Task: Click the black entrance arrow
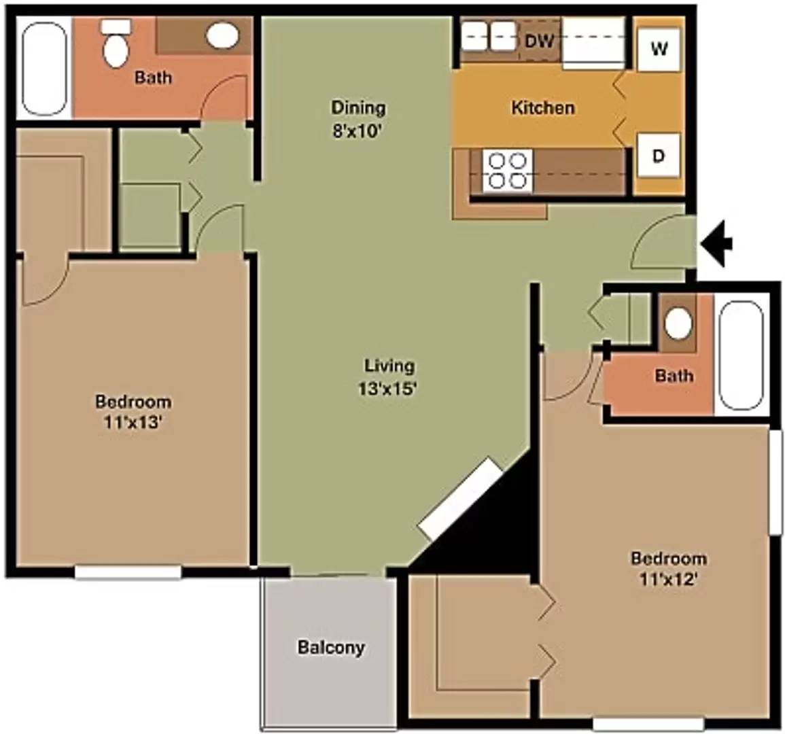pos(717,245)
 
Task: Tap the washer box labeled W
pos(659,49)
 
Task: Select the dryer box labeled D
pos(659,156)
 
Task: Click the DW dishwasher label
pos(539,39)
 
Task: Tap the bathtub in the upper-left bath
pos(45,67)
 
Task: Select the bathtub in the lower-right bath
pos(741,356)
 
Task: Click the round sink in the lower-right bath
pos(678,324)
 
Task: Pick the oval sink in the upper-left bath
pos(223,35)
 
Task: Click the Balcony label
pos(331,648)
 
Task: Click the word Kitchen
pos(542,107)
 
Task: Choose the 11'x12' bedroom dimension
pos(669,579)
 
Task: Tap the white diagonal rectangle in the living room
pos(460,499)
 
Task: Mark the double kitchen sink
pos(488,36)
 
